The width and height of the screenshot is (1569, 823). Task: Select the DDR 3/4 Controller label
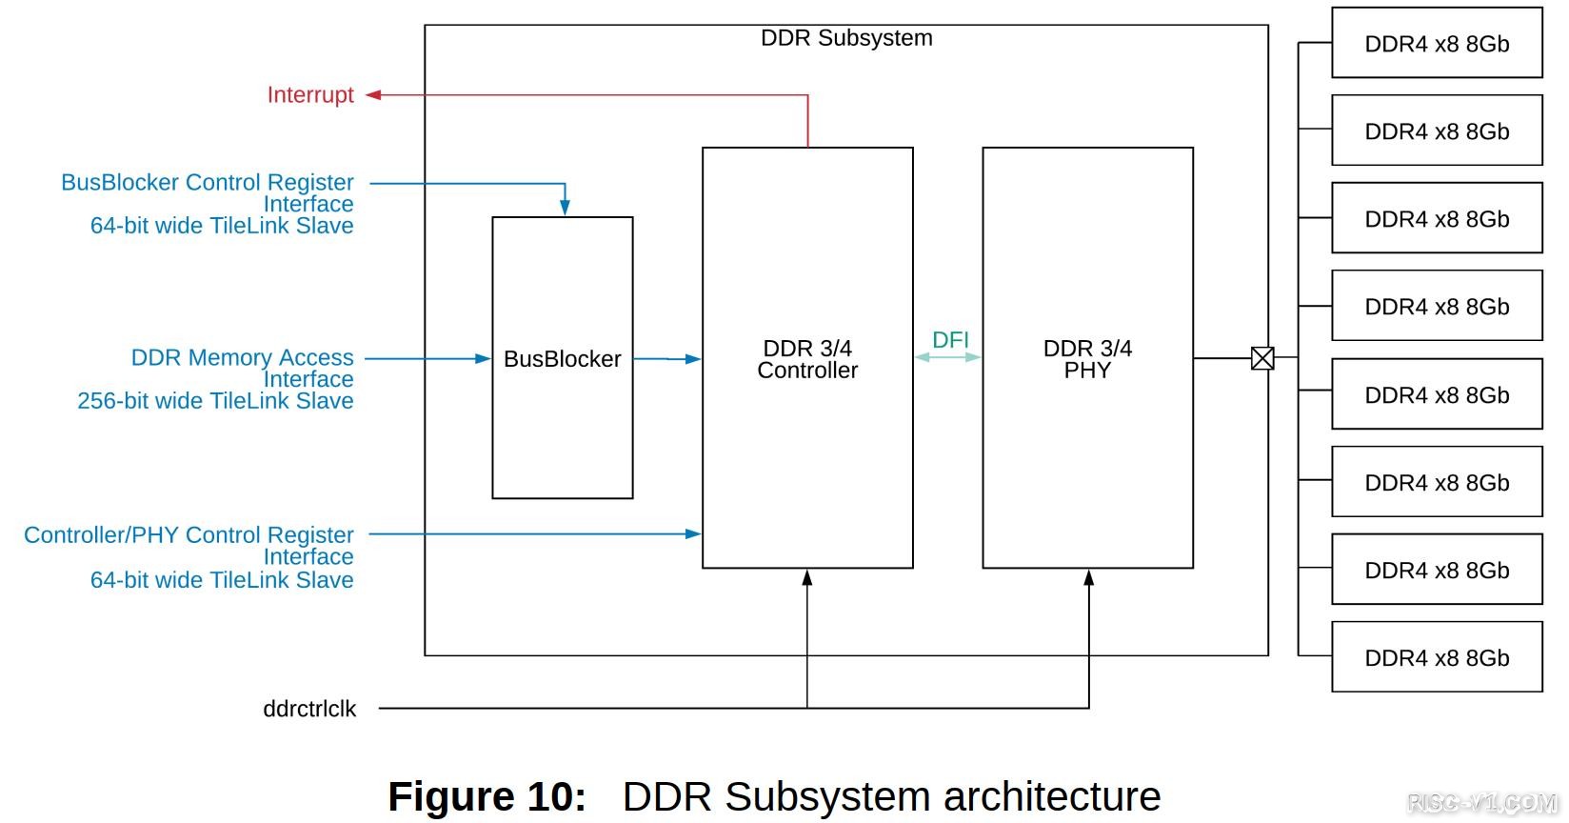[807, 359]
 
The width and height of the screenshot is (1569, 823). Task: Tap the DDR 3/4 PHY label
[1087, 359]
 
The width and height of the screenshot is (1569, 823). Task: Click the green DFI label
[950, 340]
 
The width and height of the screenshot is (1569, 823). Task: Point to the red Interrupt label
[310, 95]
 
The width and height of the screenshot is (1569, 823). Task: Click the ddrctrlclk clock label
[309, 709]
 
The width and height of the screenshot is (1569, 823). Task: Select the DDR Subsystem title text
[846, 38]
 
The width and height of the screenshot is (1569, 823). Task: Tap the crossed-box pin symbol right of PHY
[1262, 358]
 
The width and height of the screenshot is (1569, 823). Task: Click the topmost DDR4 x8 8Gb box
[1437, 44]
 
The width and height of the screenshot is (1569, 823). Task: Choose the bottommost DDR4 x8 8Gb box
[1437, 657]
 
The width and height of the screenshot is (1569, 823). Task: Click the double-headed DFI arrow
[948, 357]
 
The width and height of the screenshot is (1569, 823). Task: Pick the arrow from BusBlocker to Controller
[667, 359]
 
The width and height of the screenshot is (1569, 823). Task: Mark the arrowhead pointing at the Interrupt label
[373, 95]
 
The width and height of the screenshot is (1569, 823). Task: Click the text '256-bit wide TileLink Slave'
[215, 401]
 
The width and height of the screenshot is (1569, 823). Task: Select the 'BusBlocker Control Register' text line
[208, 182]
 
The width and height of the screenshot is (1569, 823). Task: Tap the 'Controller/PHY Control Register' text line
[189, 534]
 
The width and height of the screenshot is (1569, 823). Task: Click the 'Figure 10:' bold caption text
[487, 796]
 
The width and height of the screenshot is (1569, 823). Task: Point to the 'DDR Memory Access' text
[242, 357]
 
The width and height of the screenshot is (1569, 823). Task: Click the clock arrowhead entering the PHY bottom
[1088, 577]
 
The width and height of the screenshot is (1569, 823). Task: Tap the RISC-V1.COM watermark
[1481, 804]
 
